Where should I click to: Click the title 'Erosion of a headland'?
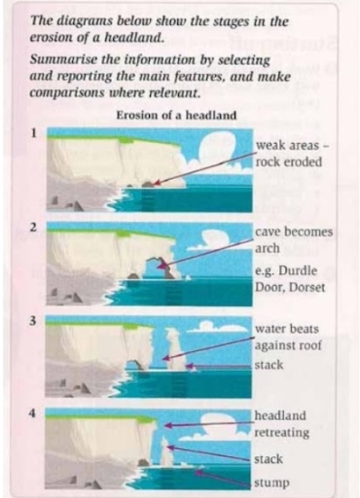tap(176, 115)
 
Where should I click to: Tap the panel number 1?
tap(33, 133)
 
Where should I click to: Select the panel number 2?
tap(33, 228)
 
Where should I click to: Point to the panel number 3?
tap(33, 321)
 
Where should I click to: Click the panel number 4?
tap(33, 413)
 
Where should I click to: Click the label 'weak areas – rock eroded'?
tap(292, 154)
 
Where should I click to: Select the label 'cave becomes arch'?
tap(294, 240)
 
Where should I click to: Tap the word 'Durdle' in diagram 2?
tap(298, 270)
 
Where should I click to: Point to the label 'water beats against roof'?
tap(288, 338)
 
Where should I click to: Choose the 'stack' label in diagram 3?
tap(269, 365)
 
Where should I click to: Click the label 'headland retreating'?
tap(281, 424)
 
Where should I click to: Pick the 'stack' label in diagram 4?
tap(269, 459)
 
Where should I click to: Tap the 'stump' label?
tap(271, 483)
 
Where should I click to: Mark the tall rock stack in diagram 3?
tap(174, 348)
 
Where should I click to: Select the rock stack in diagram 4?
tap(165, 451)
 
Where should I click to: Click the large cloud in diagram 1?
tap(217, 148)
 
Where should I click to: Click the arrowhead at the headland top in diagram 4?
tap(167, 425)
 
